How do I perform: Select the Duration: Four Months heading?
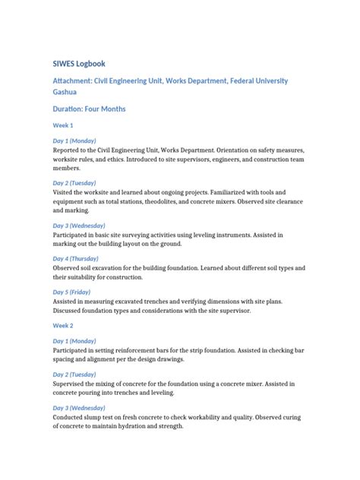point(89,109)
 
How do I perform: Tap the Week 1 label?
point(62,125)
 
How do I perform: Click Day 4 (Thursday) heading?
point(79,259)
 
